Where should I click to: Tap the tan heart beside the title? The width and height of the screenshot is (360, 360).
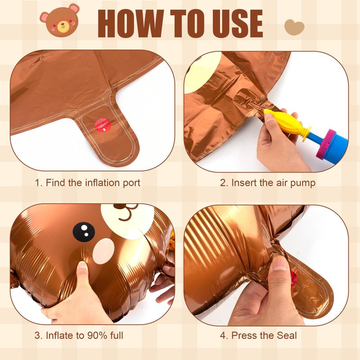click(x=294, y=27)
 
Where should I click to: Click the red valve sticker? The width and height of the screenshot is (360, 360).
click(x=103, y=126)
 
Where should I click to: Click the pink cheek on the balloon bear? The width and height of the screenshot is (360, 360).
click(x=103, y=251)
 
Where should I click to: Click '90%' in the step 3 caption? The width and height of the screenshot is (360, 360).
click(x=97, y=335)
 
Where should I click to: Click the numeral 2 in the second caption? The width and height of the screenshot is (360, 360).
click(x=223, y=183)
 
